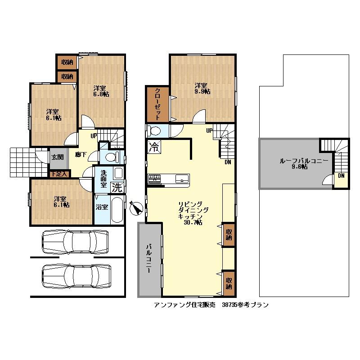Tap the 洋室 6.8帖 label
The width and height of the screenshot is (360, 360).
coord(101,91)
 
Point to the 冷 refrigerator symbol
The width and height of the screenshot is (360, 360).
coord(154,146)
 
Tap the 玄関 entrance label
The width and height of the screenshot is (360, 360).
coord(57,157)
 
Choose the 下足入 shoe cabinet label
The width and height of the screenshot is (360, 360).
coord(58,173)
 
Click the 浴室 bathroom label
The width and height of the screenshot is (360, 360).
coord(102,207)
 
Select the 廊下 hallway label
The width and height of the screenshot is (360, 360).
coord(81,155)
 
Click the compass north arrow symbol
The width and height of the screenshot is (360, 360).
coord(136,208)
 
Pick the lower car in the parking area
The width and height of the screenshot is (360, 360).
coord(76,275)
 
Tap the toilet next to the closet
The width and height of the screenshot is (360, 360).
coord(154,131)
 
